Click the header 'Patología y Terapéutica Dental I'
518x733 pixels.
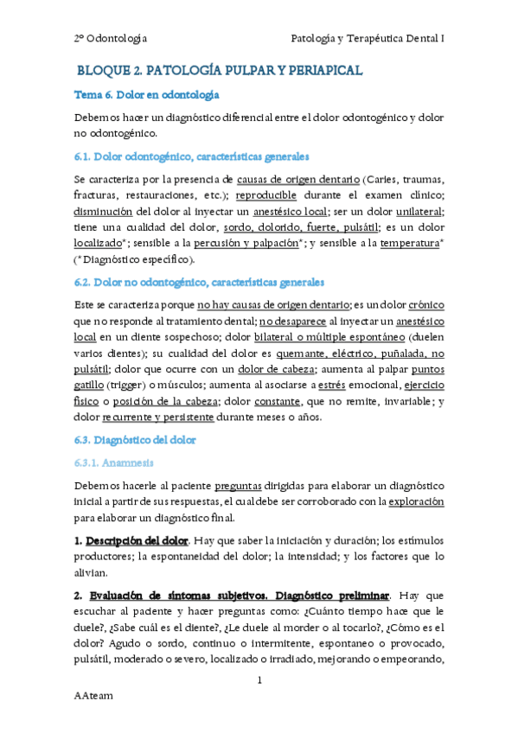tap(368, 38)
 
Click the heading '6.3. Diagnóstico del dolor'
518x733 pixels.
tap(135, 440)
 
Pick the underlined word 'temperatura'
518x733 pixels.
tap(408, 244)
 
